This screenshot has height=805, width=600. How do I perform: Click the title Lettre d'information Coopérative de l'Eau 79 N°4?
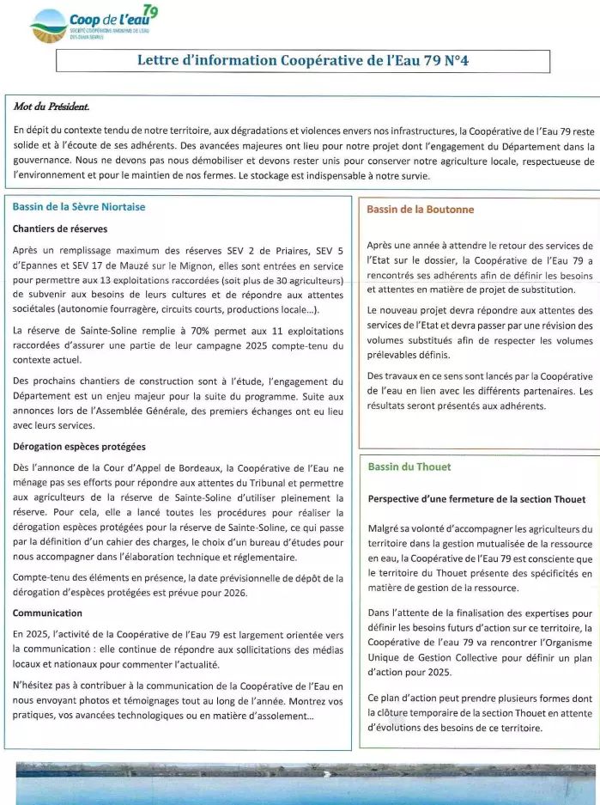303,60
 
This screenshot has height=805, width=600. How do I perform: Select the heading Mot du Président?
51,107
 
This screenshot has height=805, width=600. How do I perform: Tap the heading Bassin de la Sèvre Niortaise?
79,207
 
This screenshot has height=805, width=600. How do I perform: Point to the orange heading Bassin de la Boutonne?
420,209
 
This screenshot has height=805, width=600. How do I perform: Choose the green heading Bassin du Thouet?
409,467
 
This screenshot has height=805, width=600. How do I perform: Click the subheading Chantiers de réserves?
60,229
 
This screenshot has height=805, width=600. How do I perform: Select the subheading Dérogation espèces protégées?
79,447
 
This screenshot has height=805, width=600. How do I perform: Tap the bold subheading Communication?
47,613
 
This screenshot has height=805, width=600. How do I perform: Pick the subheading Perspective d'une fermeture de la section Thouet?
476,499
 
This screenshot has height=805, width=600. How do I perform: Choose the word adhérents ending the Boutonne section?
519,406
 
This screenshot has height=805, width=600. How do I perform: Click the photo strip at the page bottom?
300,784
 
